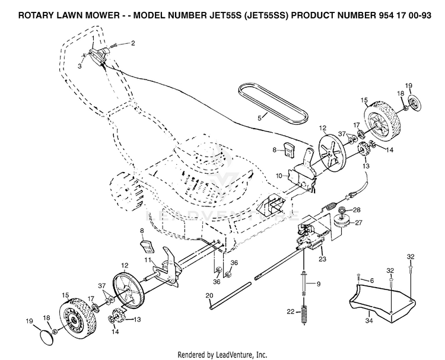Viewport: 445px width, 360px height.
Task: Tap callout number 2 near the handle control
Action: pos(132,43)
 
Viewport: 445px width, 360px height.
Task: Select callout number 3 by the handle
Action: pos(80,66)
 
